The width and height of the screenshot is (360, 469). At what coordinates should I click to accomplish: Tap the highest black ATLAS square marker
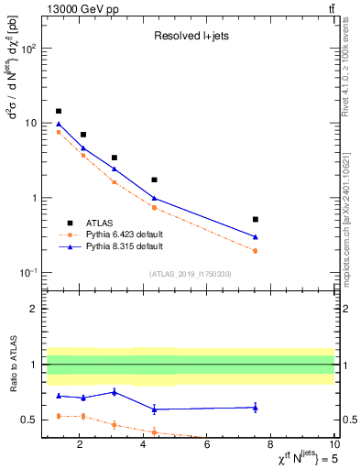[x=59, y=111]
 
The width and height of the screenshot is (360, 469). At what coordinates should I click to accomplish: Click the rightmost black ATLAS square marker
[x=255, y=220]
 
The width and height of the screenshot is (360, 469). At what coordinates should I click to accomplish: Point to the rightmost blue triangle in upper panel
[x=255, y=236]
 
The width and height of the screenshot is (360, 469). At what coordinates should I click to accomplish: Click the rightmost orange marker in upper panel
[x=255, y=251]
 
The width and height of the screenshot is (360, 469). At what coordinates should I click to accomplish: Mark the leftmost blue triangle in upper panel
[x=59, y=124]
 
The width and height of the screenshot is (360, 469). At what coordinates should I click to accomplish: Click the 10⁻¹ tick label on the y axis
[x=28, y=273]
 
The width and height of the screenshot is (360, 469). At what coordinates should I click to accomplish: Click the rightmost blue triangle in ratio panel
[x=255, y=407]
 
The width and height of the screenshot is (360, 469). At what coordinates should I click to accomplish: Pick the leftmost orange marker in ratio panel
[x=59, y=416]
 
